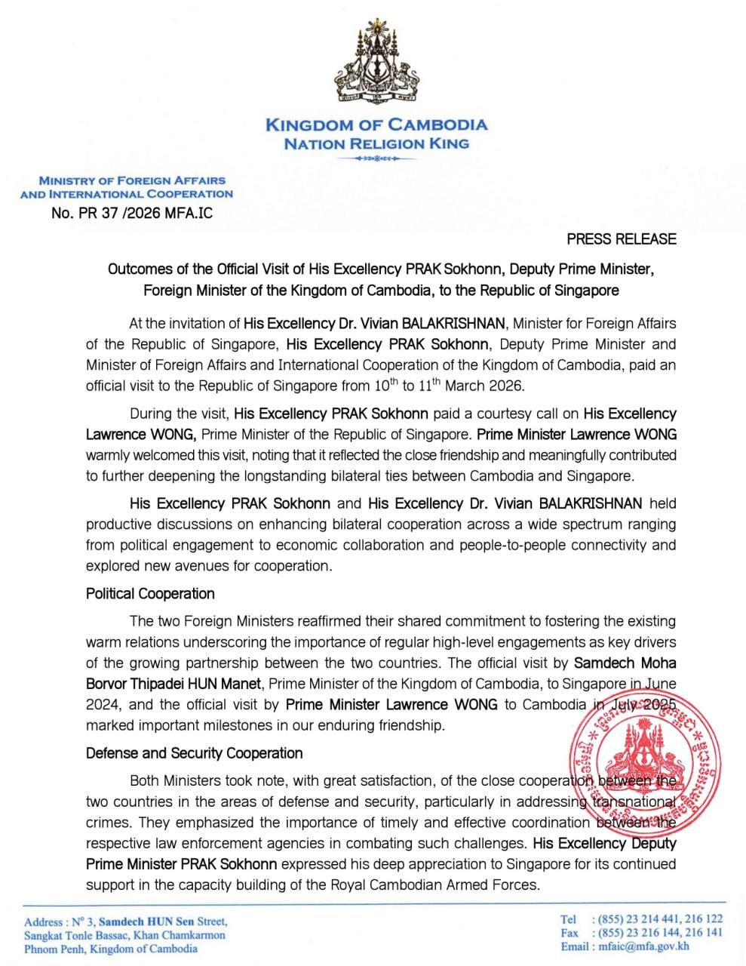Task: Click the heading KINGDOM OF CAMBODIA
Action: coord(376,125)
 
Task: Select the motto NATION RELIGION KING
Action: coord(376,143)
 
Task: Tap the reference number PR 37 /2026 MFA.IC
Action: coord(132,213)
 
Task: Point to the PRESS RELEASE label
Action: coord(622,239)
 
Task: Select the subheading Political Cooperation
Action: coord(150,593)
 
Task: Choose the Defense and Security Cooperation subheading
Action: coord(194,753)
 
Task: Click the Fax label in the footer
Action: coord(569,932)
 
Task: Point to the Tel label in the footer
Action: coord(569,918)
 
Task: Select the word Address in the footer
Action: coord(44,922)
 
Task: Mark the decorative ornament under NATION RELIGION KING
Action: coord(376,159)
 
